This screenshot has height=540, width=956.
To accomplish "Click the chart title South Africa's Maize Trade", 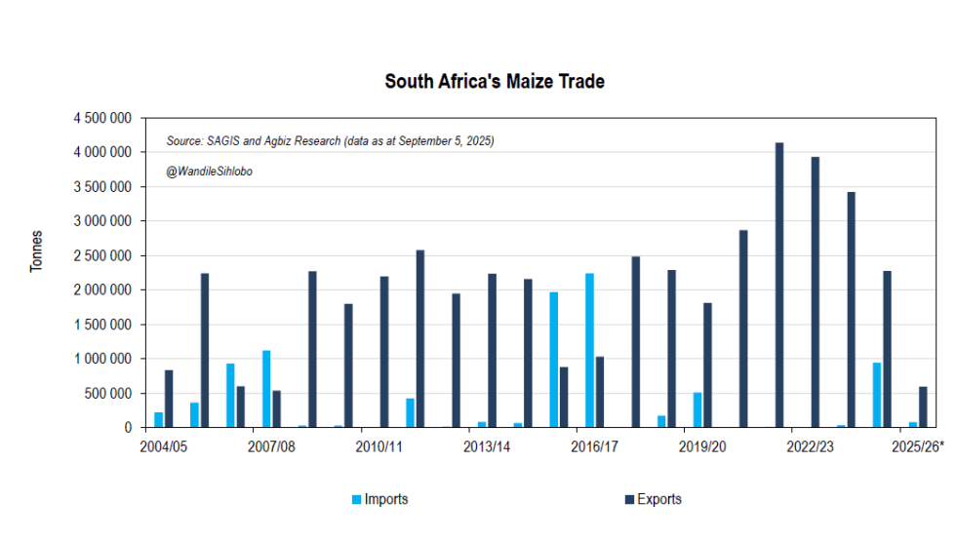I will point(494,82).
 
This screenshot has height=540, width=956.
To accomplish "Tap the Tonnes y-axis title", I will point(37,251).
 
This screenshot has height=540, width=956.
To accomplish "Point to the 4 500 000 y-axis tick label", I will point(102,118).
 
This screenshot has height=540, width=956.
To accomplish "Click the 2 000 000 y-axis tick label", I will point(102,290).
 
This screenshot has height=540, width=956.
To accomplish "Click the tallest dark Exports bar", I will point(779,285).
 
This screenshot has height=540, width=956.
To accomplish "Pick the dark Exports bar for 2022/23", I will point(816,292).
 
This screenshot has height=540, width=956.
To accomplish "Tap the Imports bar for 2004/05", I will point(158,420).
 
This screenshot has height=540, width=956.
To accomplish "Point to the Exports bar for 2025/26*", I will point(923,407).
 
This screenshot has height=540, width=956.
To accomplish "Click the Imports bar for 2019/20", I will point(697,410).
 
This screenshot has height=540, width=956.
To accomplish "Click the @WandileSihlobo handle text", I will point(210,172).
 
